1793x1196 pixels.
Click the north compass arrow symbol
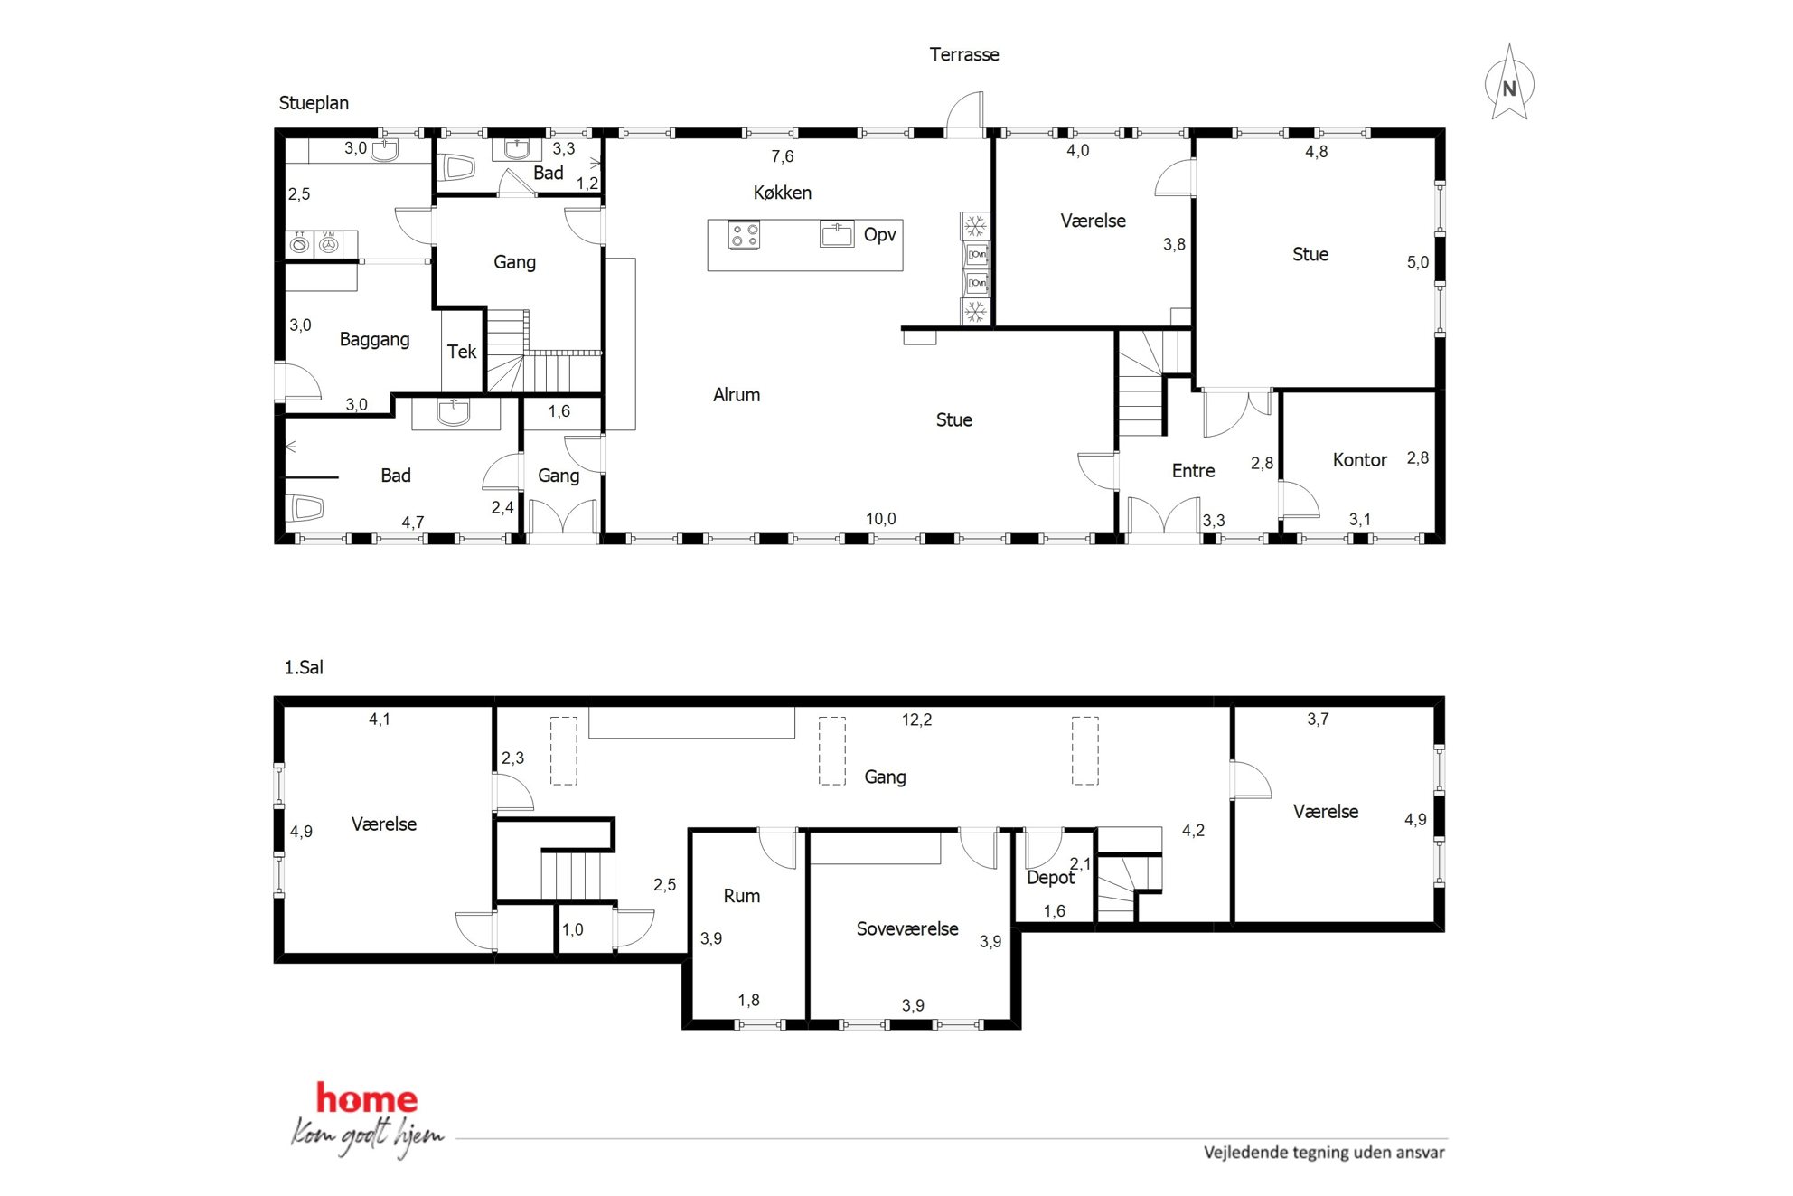(1509, 83)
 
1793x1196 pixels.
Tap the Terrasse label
(964, 54)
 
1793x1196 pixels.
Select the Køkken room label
(783, 193)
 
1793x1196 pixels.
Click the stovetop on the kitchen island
(745, 235)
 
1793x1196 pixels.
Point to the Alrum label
(737, 395)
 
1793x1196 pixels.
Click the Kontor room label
(1359, 460)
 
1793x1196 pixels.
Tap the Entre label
(1193, 471)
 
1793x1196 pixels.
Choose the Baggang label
(374, 340)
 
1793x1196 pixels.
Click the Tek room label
(462, 352)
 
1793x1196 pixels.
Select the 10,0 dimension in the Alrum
(881, 519)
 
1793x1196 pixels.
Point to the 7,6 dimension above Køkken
(783, 156)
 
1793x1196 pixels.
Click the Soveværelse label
(907, 929)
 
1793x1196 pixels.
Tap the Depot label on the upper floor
(1050, 878)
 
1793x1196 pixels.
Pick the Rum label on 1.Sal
(742, 896)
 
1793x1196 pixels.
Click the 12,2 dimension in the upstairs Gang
(916, 720)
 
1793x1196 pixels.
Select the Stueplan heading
(314, 103)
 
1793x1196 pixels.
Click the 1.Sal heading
(304, 667)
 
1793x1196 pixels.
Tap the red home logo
(367, 1098)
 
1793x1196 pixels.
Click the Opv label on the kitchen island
(879, 235)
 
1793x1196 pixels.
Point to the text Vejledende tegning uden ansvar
(1324, 1153)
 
